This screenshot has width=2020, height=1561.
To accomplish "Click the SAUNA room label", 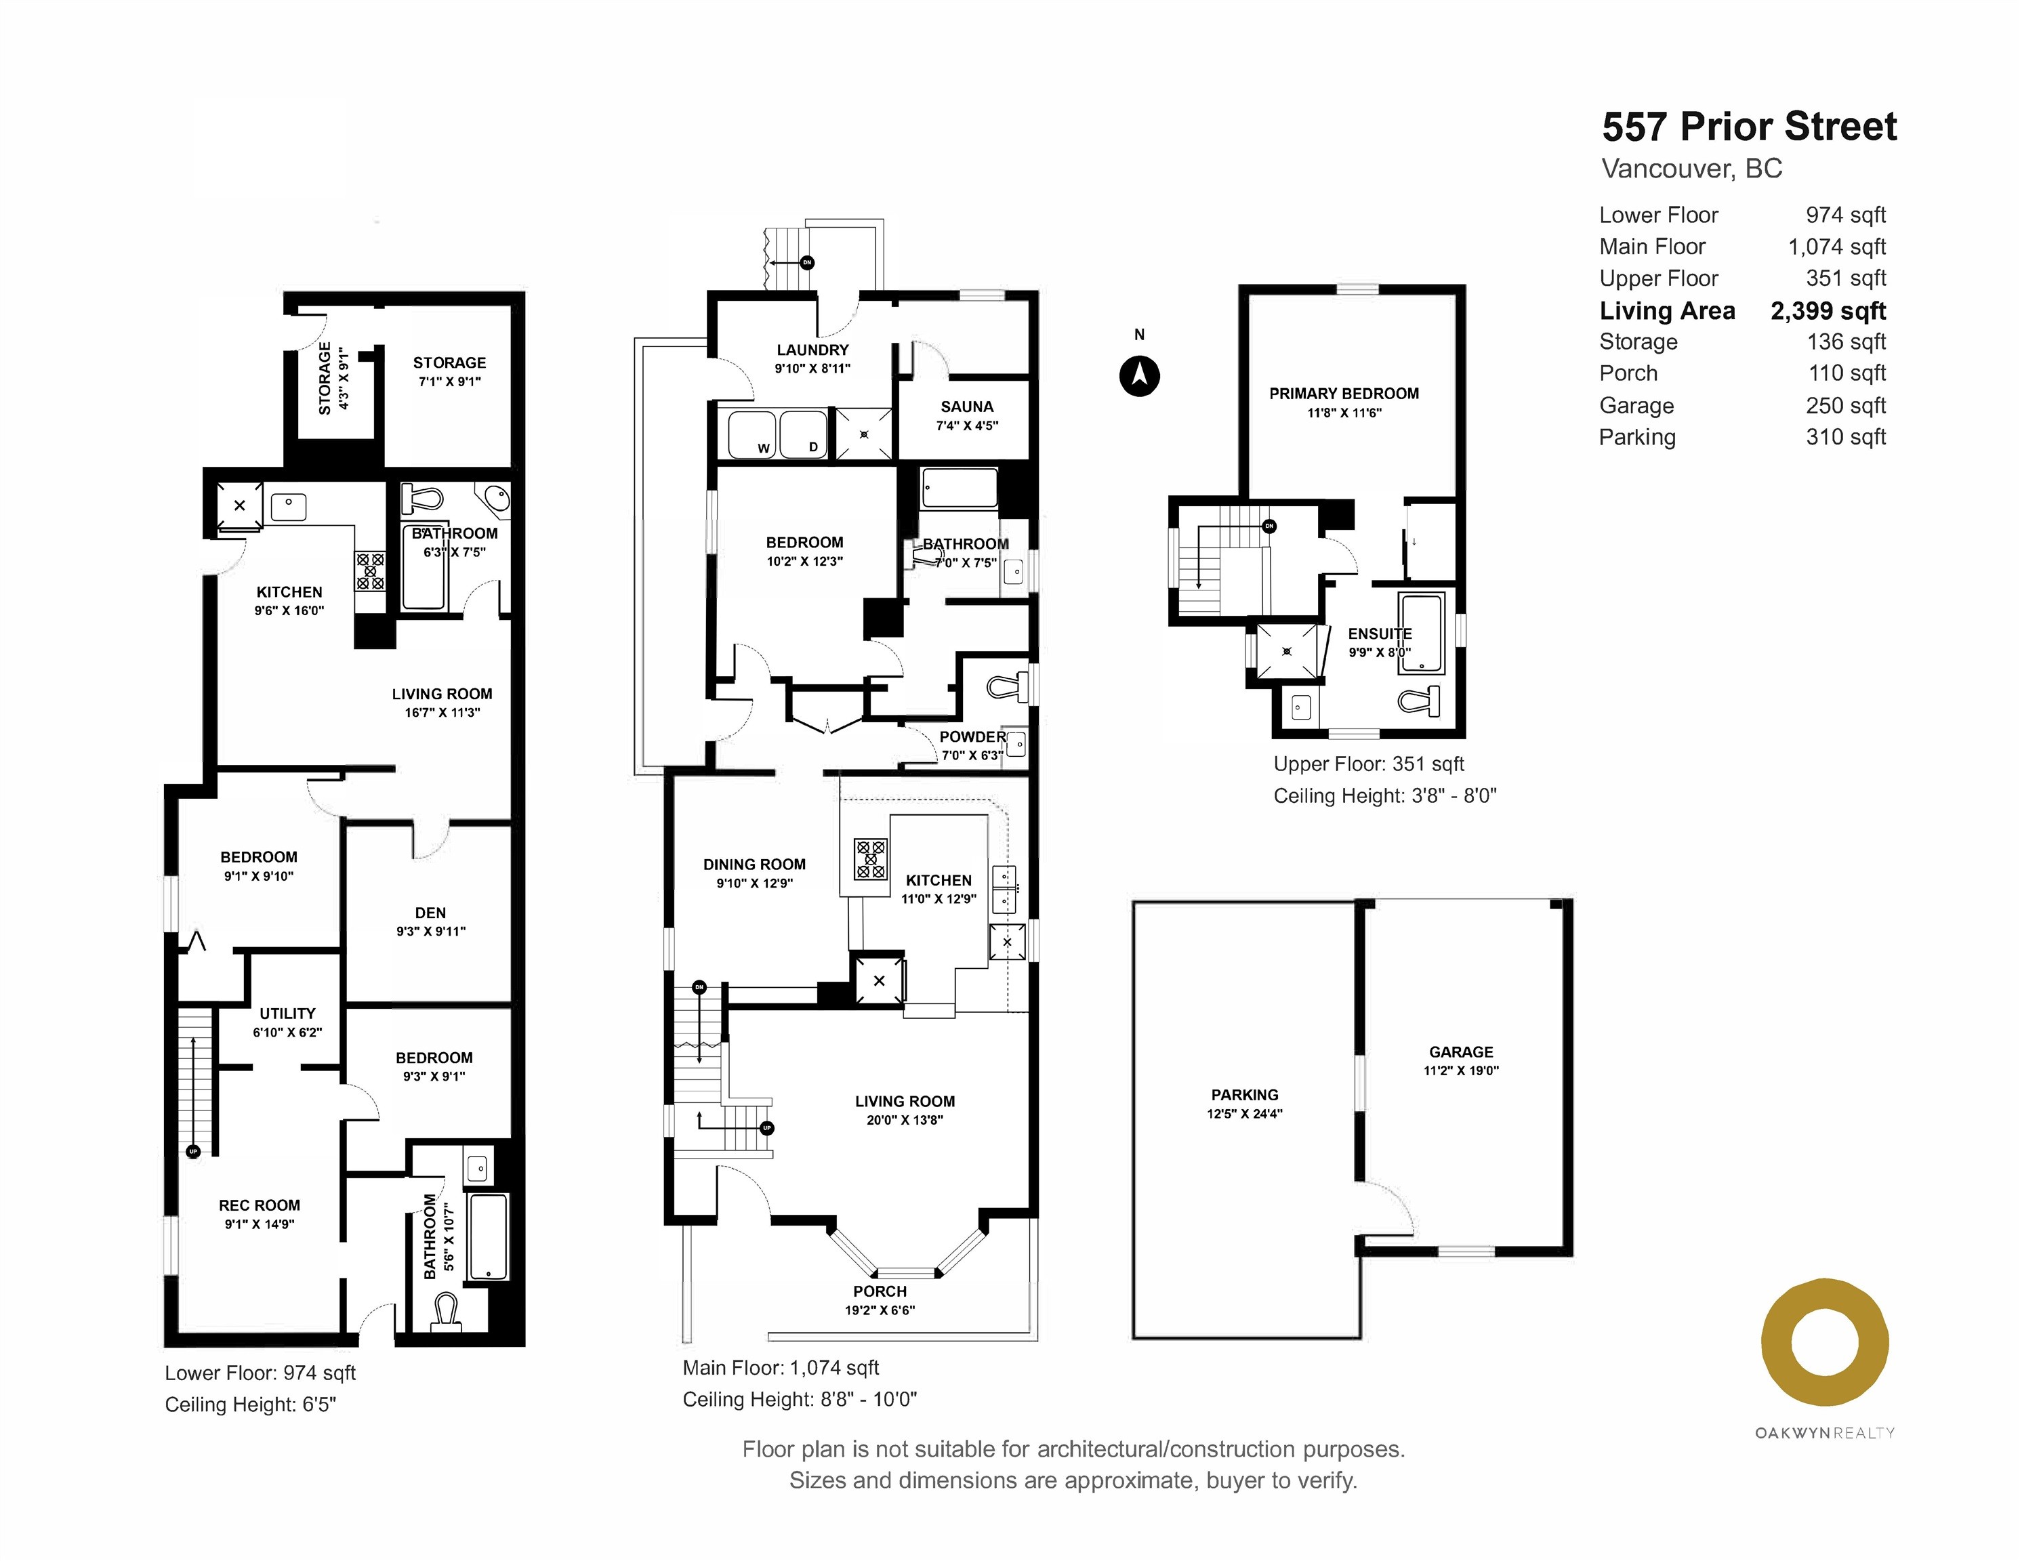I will (966, 407).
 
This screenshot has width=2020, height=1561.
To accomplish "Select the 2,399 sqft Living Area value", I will (1828, 311).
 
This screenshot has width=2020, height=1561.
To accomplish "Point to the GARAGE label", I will (1460, 1052).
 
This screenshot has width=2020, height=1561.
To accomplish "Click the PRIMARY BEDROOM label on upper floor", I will (1343, 394).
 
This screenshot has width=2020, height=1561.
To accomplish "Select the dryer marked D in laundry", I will (803, 435).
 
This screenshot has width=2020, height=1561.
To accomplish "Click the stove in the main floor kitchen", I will (869, 858).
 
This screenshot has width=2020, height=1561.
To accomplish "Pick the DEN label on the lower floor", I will (430, 913).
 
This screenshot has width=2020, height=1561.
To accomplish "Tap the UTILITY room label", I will (287, 1014).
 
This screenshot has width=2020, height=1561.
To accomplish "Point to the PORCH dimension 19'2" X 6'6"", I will (879, 1310).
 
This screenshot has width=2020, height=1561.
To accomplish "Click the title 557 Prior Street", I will (1748, 127).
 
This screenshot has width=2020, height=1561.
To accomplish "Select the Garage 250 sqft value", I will (1844, 405).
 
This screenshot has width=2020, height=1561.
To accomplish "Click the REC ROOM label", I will (259, 1205).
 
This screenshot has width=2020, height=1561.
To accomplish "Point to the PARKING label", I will (1244, 1095).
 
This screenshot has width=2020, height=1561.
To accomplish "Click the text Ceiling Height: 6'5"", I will (250, 1404).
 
